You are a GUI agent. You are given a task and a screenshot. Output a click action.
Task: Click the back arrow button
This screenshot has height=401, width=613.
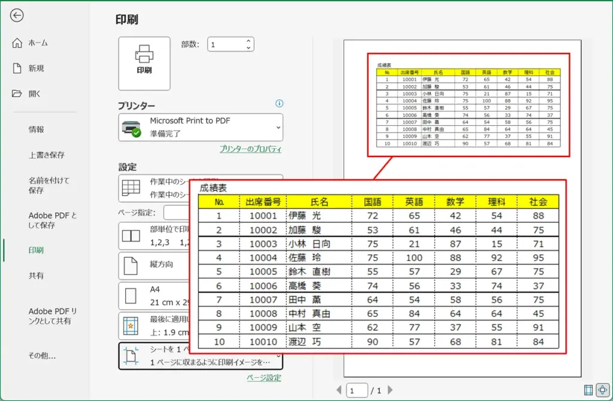(17, 16)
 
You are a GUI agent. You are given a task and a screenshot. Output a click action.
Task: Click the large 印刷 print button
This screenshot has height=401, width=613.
(144, 63)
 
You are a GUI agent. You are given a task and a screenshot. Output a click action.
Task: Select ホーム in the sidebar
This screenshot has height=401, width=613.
(38, 43)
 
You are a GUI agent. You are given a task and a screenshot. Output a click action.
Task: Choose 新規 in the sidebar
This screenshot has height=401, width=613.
(36, 68)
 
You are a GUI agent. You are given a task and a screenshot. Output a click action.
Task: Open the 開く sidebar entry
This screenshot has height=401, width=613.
(35, 94)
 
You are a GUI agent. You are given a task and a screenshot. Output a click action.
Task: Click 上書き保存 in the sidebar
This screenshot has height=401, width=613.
(47, 155)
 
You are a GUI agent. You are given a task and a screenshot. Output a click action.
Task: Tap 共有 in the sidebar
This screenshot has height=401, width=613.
(36, 276)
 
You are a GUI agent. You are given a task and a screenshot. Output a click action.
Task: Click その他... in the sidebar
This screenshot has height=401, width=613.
(43, 355)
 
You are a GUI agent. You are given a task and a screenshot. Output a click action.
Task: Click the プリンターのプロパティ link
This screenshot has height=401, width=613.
(250, 149)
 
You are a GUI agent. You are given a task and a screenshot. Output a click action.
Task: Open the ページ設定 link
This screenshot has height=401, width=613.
(263, 378)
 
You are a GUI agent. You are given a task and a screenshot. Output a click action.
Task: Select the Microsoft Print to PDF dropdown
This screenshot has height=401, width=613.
(201, 127)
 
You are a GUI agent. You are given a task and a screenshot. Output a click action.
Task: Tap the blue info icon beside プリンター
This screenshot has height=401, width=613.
(279, 104)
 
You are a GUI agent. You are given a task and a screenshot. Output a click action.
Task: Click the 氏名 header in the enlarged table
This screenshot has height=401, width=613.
(320, 202)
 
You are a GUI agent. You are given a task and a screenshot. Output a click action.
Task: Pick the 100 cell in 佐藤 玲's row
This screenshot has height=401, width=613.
(414, 258)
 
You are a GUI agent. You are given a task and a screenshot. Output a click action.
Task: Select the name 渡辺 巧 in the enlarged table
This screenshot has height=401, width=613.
(305, 342)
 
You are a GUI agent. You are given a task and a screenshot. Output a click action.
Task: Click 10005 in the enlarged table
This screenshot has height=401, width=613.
(263, 272)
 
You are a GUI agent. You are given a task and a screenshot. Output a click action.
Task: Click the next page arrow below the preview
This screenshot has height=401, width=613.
(390, 390)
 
